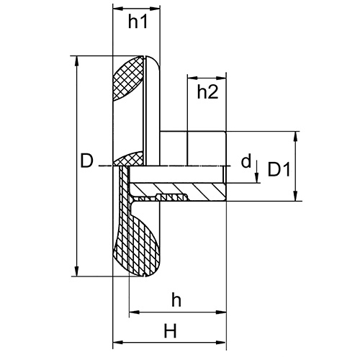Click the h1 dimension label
[137, 22]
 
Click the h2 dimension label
[207, 91]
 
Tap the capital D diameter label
[86, 162]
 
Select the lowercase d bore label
[246, 161]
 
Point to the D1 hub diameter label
[279, 170]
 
